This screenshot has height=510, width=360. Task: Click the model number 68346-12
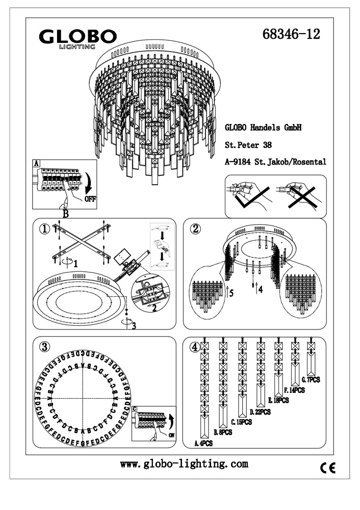tap(292, 34)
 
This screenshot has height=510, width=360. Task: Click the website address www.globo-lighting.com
tap(184, 464)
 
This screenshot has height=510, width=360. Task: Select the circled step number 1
tap(44, 229)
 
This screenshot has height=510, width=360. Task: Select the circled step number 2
tap(195, 228)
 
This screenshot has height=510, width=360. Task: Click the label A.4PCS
tap(203, 444)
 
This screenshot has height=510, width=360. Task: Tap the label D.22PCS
tap(260, 412)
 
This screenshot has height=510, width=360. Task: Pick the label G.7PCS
tap(311, 380)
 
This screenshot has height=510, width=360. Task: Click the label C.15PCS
tap(241, 422)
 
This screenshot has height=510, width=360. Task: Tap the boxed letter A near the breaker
tap(36, 164)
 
